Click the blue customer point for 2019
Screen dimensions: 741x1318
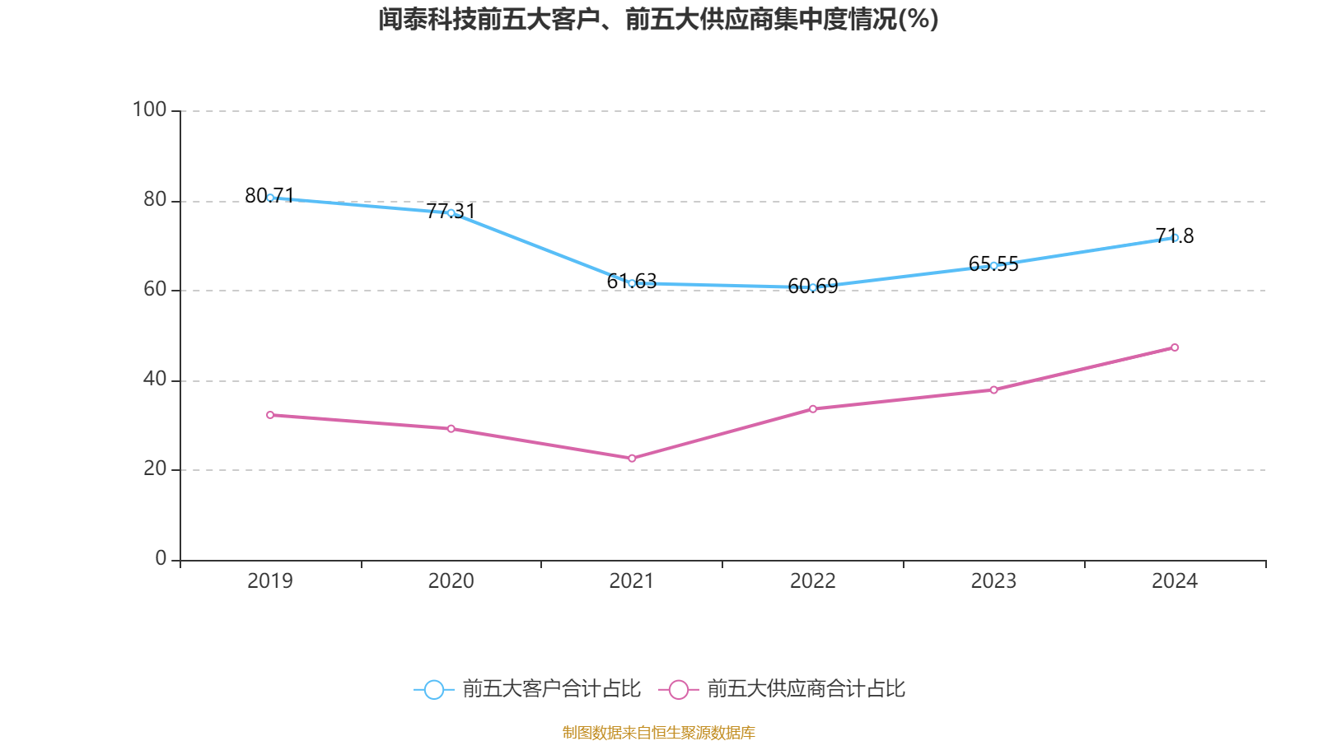coord(270,198)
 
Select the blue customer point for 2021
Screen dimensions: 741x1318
coord(632,283)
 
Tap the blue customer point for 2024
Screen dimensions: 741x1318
coord(1175,237)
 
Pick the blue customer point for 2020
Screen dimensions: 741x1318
coord(451,212)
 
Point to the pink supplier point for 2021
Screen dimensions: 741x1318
coord(632,458)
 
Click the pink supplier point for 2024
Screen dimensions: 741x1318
coord(1175,347)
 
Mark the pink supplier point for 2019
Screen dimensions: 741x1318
coord(270,415)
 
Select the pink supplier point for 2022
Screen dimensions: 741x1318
coord(813,408)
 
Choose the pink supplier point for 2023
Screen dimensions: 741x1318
coord(993,389)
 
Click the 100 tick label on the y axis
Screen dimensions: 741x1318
coord(149,110)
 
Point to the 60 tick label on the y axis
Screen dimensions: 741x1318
coord(154,289)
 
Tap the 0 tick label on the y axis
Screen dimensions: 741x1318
coord(161,558)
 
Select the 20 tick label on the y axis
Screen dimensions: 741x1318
coord(154,468)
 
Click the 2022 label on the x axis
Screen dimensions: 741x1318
coord(813,581)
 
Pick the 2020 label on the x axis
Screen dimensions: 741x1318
coord(451,581)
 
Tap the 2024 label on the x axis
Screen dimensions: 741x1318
coord(1175,581)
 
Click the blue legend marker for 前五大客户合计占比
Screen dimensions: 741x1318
coord(434,689)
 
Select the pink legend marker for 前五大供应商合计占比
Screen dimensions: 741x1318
coord(679,689)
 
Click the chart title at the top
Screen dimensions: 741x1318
coord(658,19)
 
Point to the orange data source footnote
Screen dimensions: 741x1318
coord(658,732)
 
